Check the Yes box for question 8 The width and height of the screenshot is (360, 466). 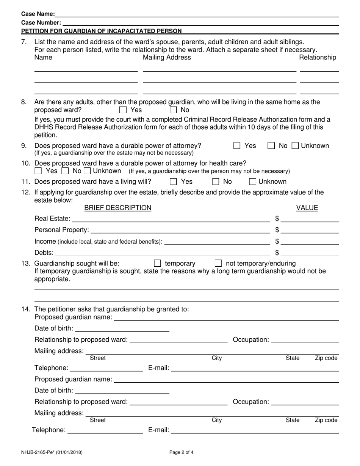[x=123, y=110]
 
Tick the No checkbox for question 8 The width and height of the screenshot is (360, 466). [x=173, y=110]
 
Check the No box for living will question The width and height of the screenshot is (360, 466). [x=216, y=182]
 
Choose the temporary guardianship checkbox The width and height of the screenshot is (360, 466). [x=158, y=263]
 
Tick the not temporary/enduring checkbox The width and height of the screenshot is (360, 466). [x=218, y=263]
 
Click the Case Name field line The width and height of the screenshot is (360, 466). [x=197, y=14]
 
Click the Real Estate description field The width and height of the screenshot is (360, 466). [x=171, y=219]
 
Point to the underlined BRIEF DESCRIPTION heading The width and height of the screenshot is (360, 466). [x=117, y=208]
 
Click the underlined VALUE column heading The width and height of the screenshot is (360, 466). [x=307, y=208]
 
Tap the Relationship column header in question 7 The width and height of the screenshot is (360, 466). [x=318, y=58]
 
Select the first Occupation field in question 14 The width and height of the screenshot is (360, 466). [x=305, y=339]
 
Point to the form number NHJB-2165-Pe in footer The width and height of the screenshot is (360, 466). [x=52, y=452]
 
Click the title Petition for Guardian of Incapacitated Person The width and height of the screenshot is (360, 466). [x=101, y=31]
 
